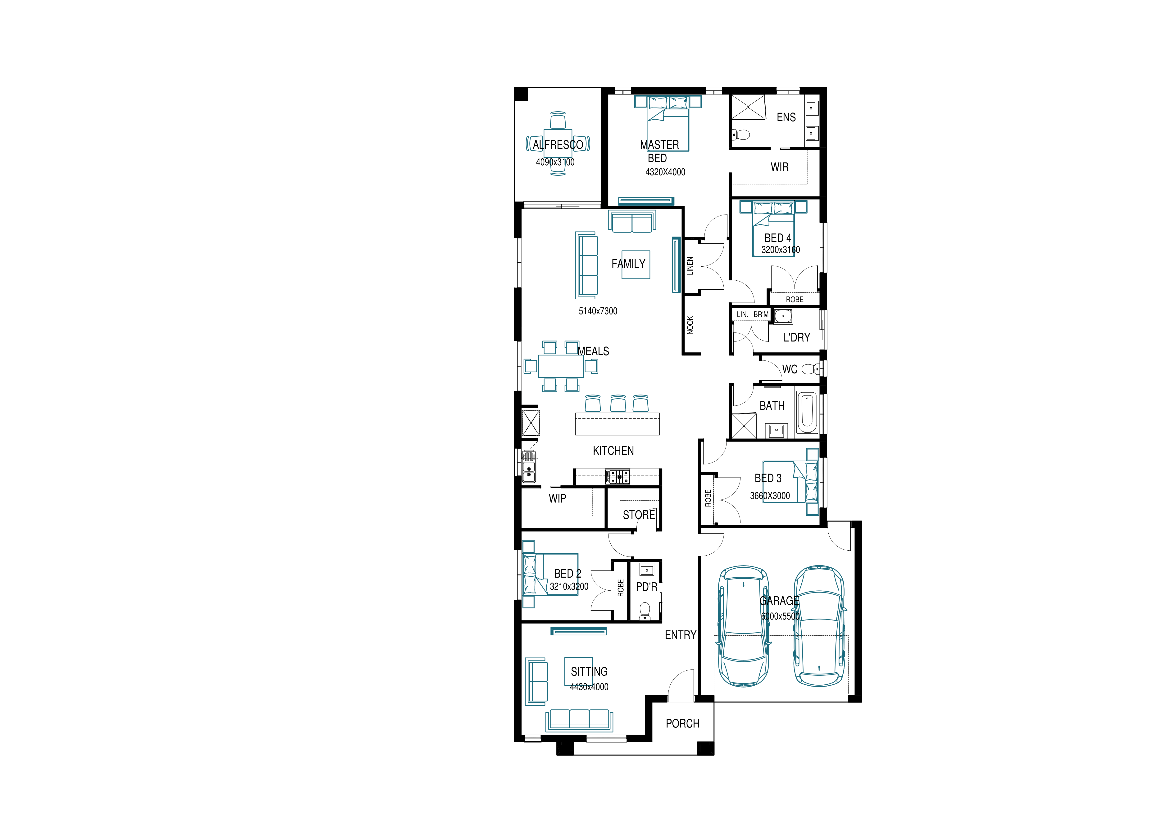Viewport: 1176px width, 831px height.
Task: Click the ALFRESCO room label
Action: [558, 145]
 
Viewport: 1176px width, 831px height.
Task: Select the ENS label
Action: [786, 118]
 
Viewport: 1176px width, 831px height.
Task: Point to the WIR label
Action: [780, 167]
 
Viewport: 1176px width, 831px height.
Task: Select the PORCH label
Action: [682, 723]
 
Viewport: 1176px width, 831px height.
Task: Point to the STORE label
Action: [639, 515]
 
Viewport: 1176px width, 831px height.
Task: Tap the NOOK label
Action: [690, 325]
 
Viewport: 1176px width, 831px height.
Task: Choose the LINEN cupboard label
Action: [690, 266]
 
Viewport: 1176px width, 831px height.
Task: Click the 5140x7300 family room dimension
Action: [598, 311]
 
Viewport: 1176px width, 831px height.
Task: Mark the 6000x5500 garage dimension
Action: [780, 616]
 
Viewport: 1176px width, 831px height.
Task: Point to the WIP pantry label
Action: [557, 499]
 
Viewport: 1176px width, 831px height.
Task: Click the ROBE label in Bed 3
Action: [708, 498]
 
